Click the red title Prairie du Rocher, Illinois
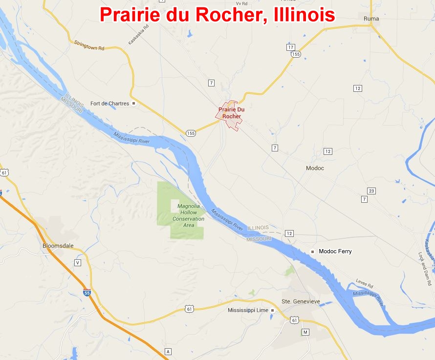point(217,14)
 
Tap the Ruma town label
point(371,19)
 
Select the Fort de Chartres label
point(110,104)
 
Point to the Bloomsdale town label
point(57,246)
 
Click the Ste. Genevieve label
point(301,301)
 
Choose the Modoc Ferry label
point(335,252)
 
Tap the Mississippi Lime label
point(248,310)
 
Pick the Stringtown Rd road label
point(89,45)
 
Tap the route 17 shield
point(291,47)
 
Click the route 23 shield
point(371,191)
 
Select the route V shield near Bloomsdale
point(77,263)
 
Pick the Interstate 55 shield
point(86,292)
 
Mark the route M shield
point(305,332)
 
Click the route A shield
point(168,352)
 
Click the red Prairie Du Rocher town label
point(231,113)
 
